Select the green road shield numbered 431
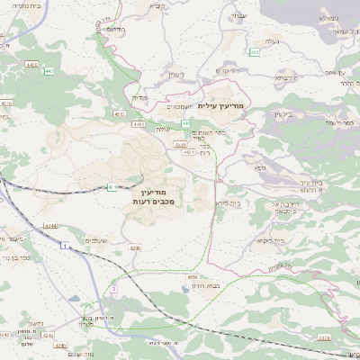(x=112, y=187)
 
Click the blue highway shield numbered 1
(x=64, y=245)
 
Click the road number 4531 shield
(x=120, y=114)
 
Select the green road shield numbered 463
(x=255, y=52)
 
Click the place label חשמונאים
(x=184, y=105)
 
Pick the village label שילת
(x=162, y=129)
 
